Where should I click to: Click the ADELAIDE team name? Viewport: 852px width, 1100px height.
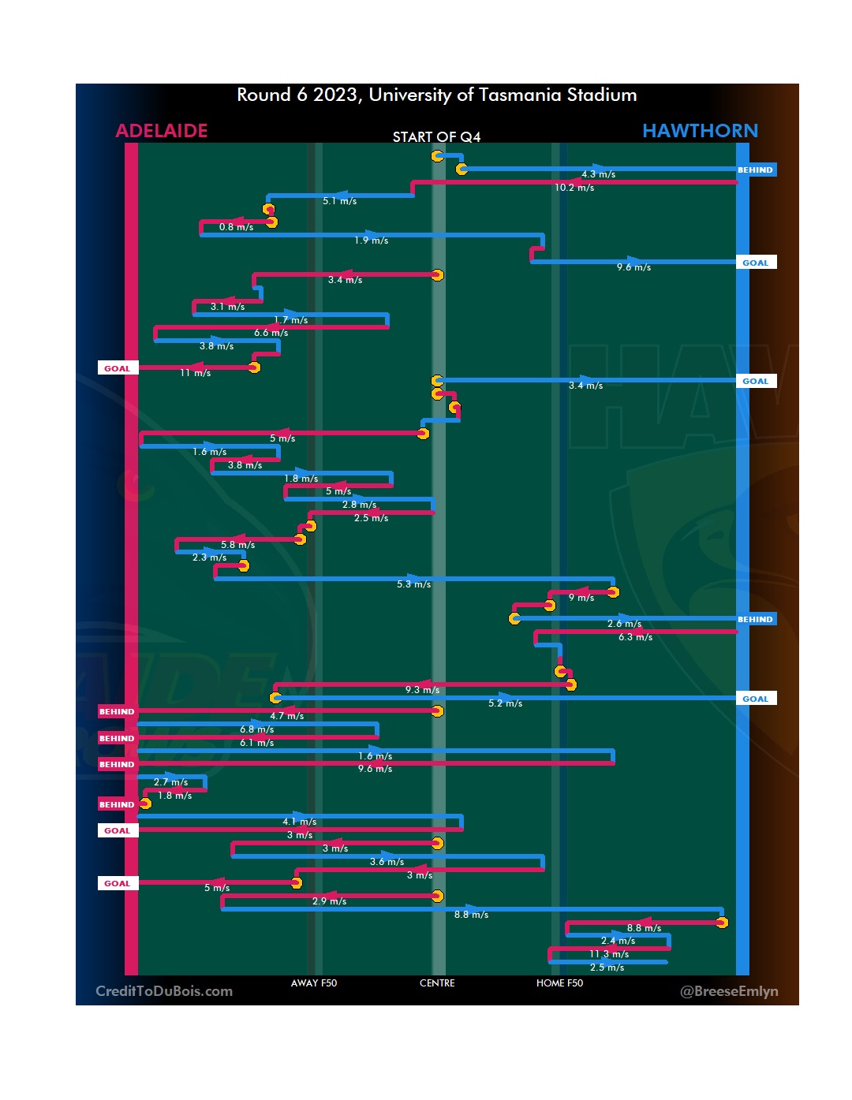162,131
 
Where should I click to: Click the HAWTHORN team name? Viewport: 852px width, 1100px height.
700,131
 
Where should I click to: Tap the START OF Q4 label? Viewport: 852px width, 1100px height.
436,137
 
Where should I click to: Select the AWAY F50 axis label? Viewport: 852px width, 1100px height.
314,983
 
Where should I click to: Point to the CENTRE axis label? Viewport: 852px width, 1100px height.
437,983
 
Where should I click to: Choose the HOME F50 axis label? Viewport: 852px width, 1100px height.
559,983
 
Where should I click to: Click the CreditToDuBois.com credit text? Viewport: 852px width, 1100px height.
164,991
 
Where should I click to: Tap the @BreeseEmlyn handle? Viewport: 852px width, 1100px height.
729,991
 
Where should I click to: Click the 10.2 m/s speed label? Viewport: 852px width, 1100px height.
574,188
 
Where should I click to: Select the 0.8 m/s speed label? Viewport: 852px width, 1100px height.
236,227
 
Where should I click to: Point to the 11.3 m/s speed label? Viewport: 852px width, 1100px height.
609,954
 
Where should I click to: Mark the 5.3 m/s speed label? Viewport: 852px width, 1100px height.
413,584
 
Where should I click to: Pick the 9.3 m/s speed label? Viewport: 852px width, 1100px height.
422,690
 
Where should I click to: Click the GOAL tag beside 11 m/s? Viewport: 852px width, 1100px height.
118,368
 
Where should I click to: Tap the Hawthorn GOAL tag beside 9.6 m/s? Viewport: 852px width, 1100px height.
755,263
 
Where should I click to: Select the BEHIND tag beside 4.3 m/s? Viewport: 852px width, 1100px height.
755,170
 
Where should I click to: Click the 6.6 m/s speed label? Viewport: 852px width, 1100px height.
271,333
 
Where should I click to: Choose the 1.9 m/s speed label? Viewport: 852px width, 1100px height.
371,241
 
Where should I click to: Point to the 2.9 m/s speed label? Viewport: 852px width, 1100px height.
329,901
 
